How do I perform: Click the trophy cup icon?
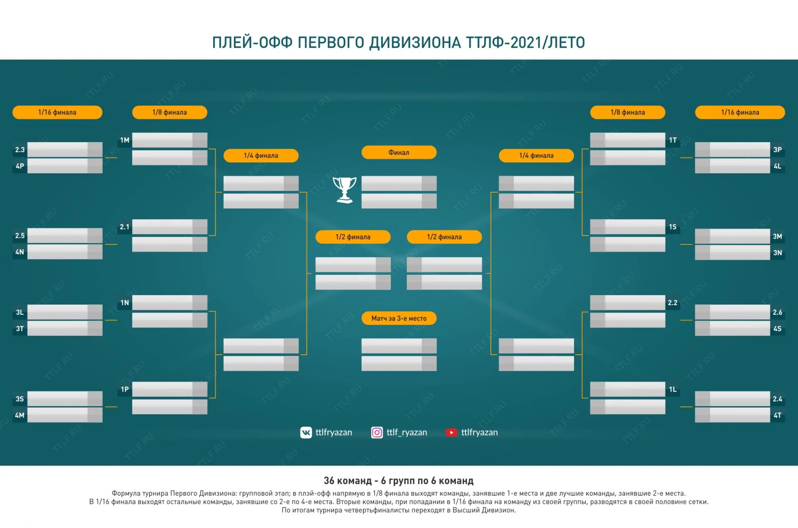[345, 190]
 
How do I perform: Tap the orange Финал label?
[399, 153]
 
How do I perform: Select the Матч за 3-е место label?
[399, 318]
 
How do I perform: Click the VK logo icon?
[306, 432]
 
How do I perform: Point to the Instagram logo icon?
[377, 432]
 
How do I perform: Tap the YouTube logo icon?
[451, 432]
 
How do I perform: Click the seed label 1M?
[125, 140]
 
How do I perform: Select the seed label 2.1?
[125, 227]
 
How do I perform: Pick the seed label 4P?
[20, 166]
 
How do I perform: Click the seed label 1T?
[672, 140]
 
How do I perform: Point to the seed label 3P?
[777, 150]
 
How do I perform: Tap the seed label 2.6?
[777, 312]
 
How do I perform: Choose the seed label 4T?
[777, 415]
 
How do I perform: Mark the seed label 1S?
[672, 227]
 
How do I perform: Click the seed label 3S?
[20, 399]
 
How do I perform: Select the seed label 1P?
[125, 389]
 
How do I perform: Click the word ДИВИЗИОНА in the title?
[415, 42]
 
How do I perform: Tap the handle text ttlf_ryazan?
[406, 432]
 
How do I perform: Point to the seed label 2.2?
[672, 303]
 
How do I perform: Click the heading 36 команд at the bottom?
[347, 481]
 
